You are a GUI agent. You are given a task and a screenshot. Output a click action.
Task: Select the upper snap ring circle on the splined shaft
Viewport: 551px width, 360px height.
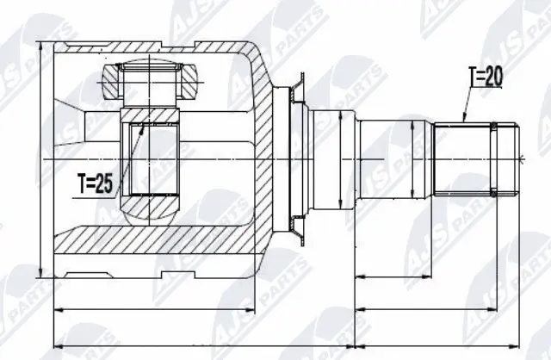click(493, 130)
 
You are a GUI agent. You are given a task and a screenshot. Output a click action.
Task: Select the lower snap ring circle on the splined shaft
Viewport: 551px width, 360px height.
click(493, 191)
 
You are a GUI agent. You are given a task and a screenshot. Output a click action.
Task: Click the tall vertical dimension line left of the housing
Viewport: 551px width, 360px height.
click(40, 160)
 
